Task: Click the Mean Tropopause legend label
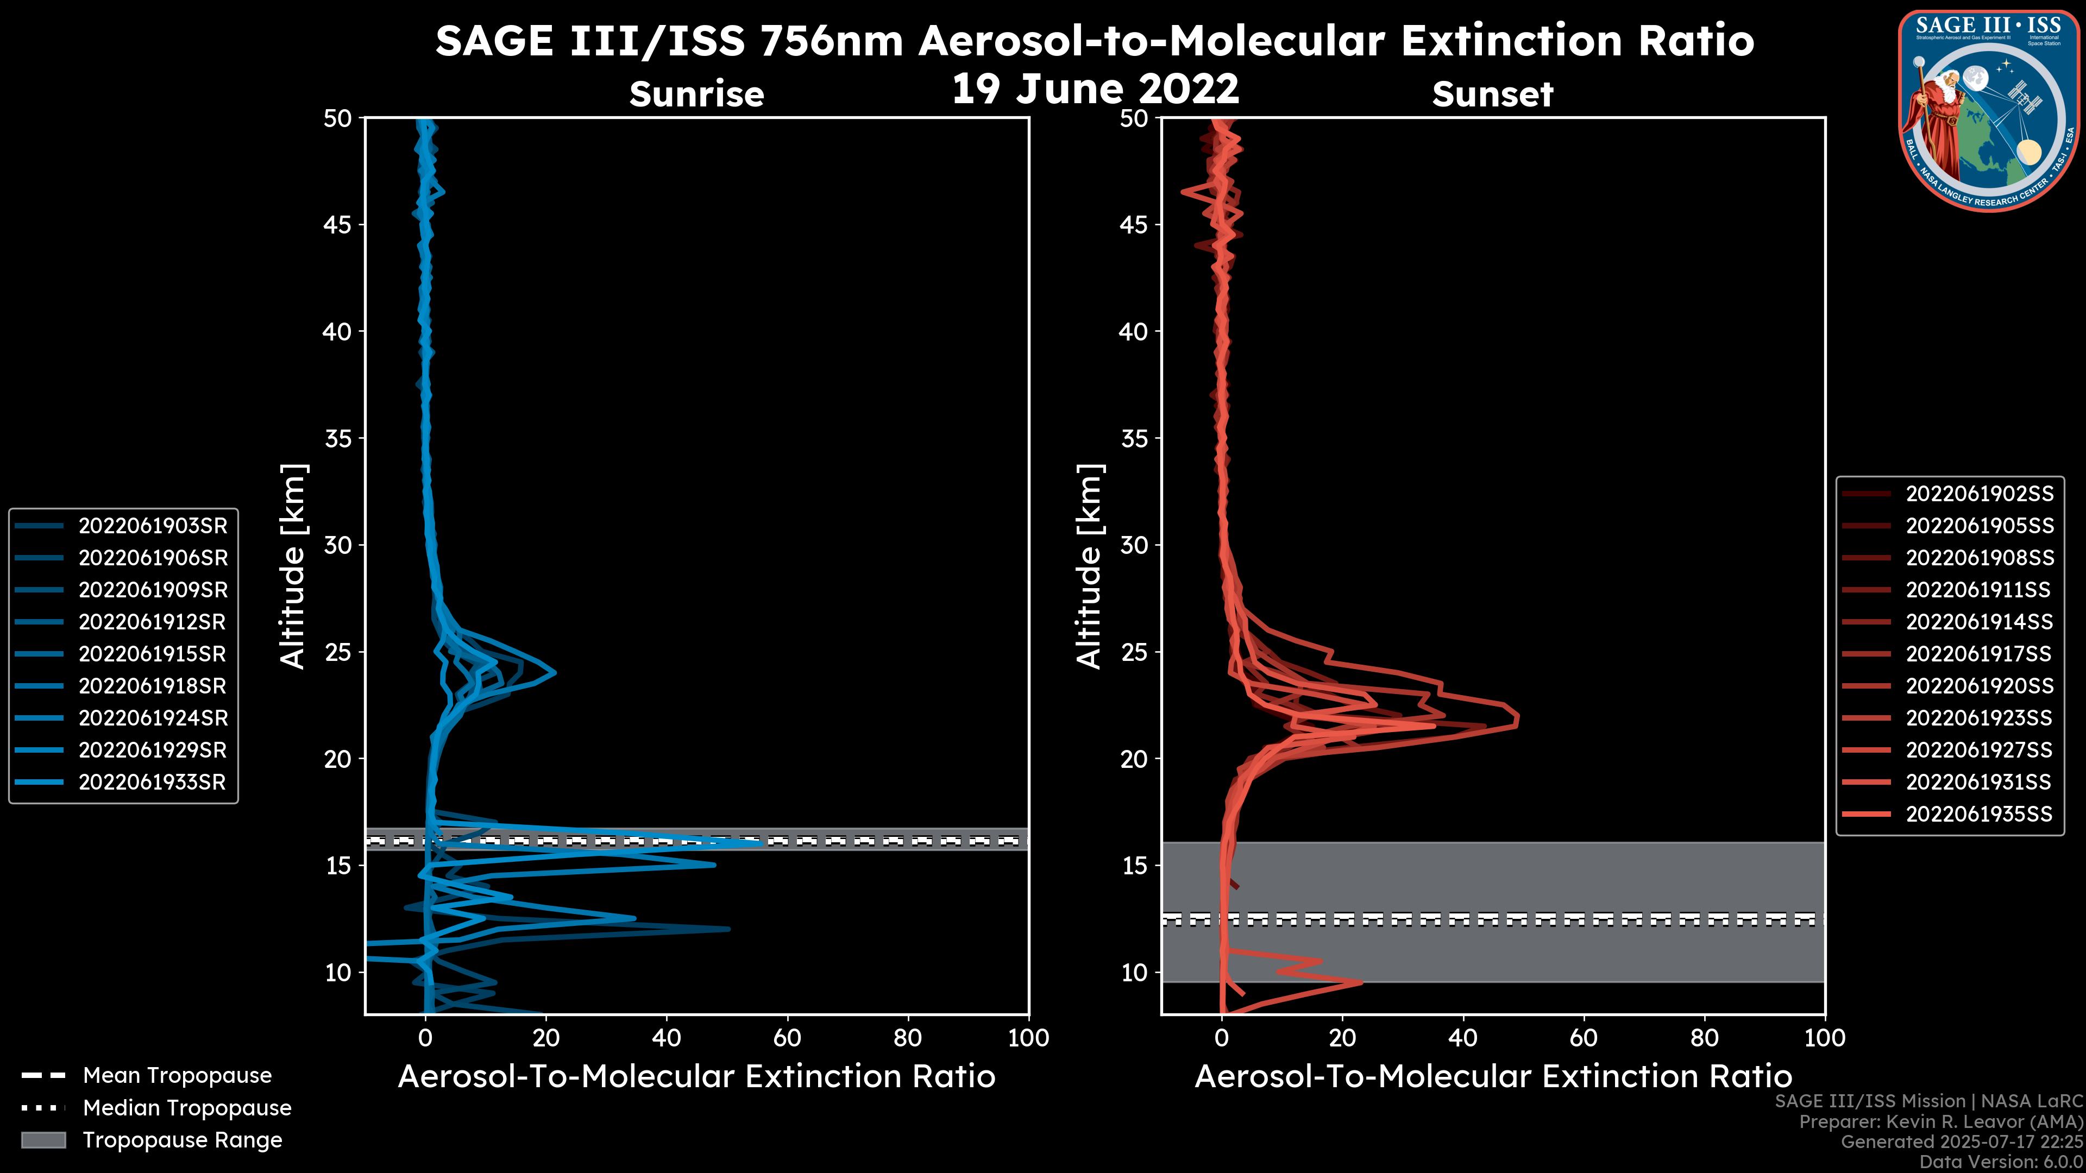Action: point(177,1075)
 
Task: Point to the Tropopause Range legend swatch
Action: point(43,1140)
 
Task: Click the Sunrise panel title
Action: point(696,94)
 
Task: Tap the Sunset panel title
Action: point(1492,94)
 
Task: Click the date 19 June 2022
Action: point(1095,89)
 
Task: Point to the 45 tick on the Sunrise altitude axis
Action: point(338,225)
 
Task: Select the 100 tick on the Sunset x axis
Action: point(1825,1038)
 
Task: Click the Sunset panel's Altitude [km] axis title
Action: point(1089,566)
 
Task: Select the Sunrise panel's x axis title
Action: point(696,1077)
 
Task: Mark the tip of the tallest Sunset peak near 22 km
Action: point(1518,719)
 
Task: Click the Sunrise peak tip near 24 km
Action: point(556,672)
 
